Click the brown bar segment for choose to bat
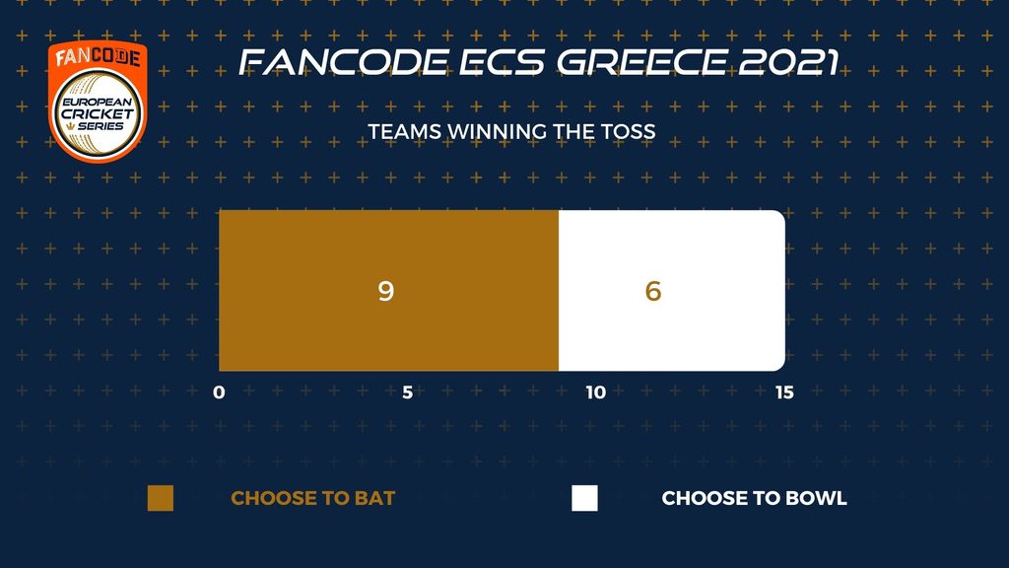tap(388, 291)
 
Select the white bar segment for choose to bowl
tap(672, 291)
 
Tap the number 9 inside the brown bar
tap(385, 291)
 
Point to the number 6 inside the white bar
tap(653, 291)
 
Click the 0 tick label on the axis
tap(220, 392)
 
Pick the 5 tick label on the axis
tap(407, 392)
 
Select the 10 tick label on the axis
tap(596, 392)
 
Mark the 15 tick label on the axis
tap(784, 392)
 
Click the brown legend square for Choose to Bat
tap(161, 498)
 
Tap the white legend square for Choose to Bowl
tap(584, 498)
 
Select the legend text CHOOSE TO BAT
tap(312, 498)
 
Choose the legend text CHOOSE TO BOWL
tap(754, 498)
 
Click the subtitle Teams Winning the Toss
tap(511, 131)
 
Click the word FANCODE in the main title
tap(344, 62)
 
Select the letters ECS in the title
tap(503, 62)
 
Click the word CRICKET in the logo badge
tap(98, 114)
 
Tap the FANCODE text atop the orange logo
tap(98, 57)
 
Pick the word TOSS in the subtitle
tap(628, 131)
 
